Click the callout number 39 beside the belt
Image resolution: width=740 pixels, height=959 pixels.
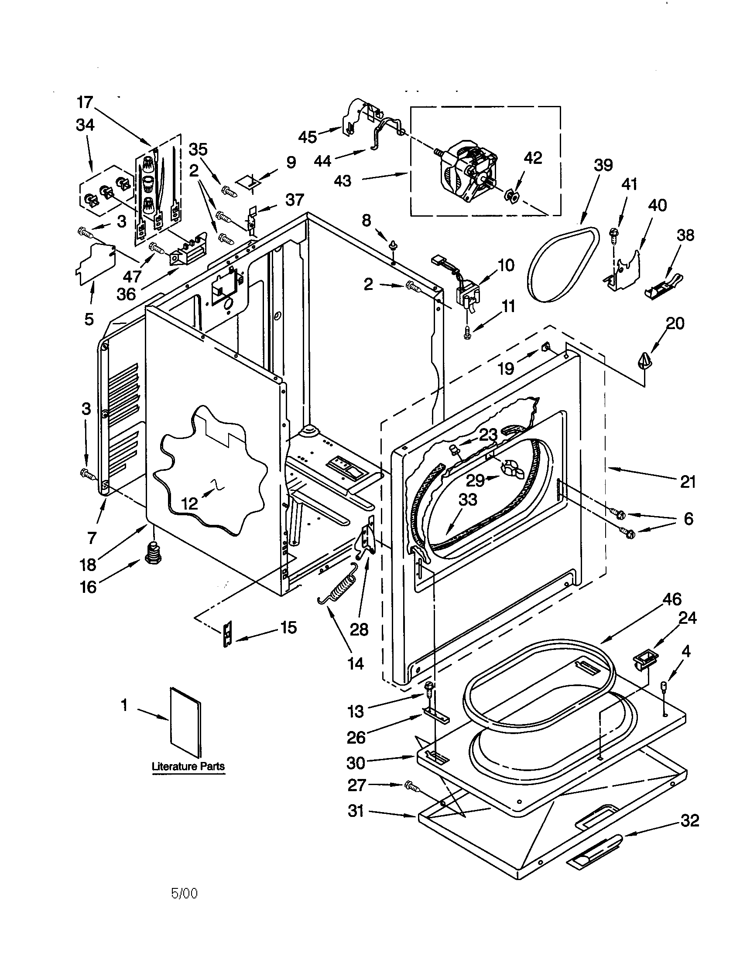603,166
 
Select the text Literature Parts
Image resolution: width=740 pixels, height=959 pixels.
188,766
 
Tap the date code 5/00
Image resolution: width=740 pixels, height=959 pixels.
184,893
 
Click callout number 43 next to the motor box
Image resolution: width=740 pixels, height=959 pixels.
343,180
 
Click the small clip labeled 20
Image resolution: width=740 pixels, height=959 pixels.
643,361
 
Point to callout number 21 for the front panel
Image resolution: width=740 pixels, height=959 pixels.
688,482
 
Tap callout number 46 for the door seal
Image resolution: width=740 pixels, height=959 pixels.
672,599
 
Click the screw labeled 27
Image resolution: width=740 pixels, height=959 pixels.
411,786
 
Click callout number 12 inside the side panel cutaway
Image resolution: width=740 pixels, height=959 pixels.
189,503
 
